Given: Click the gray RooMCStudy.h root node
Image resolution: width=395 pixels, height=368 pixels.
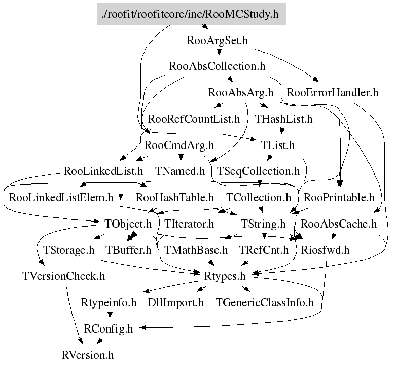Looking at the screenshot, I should pyautogui.click(x=191, y=14).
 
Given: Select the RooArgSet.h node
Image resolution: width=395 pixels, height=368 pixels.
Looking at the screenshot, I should pyautogui.click(x=218, y=40).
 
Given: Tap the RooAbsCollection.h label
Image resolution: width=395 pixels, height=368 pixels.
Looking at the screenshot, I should pyautogui.click(x=218, y=66).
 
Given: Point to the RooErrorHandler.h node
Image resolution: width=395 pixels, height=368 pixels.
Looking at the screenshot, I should pyautogui.click(x=333, y=93).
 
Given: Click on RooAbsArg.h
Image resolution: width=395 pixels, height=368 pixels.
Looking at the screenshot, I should pyautogui.click(x=241, y=93).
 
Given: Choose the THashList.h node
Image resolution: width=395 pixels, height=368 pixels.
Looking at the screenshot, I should pyautogui.click(x=283, y=120).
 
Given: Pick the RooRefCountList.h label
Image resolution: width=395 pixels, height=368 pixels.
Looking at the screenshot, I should pyautogui.click(x=194, y=120).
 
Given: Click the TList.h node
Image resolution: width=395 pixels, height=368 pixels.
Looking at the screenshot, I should pyautogui.click(x=277, y=145).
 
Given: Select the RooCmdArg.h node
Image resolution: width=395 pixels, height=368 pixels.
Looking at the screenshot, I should pyautogui.click(x=179, y=146).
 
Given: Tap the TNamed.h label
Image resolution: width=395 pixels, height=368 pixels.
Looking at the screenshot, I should pyautogui.click(x=179, y=171).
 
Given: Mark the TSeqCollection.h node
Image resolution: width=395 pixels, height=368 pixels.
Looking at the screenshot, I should pyautogui.click(x=258, y=171).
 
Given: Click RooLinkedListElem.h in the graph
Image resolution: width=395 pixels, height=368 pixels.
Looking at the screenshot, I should pyautogui.click(x=61, y=197).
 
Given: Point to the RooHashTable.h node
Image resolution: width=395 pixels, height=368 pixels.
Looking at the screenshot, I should pyautogui.click(x=175, y=197).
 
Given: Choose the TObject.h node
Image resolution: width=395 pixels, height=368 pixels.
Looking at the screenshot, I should pyautogui.click(x=128, y=224).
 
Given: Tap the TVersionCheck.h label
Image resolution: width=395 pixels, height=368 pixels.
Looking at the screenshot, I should pyautogui.click(x=64, y=276).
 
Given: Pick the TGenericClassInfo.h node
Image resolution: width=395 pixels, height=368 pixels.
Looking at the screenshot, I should pyautogui.click(x=265, y=303).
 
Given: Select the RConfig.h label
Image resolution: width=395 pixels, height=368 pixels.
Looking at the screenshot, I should pyautogui.click(x=109, y=329).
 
